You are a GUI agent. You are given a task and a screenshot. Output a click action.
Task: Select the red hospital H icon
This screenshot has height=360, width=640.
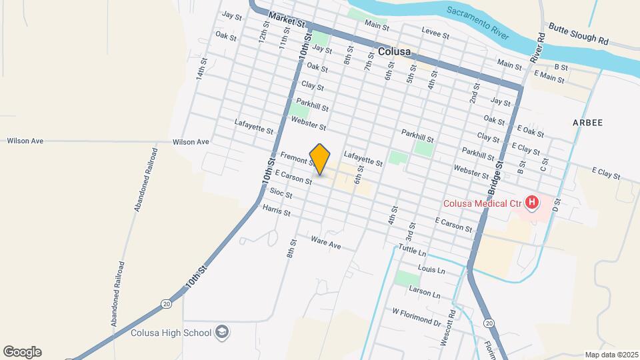(x=532, y=201)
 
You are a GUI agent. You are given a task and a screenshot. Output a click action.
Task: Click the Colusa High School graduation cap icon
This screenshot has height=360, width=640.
(x=222, y=333)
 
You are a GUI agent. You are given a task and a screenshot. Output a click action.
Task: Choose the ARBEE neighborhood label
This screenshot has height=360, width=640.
(x=587, y=123)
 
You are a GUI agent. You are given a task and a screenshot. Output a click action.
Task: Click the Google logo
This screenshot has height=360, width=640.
(x=22, y=351)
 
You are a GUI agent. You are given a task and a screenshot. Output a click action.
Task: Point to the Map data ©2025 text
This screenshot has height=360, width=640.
(x=609, y=355)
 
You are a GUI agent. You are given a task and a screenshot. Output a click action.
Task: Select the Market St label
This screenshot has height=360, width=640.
(x=286, y=19)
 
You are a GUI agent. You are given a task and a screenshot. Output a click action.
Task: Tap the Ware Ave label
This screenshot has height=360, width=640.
(x=326, y=243)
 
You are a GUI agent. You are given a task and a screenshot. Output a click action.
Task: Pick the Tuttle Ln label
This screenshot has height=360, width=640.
(x=412, y=250)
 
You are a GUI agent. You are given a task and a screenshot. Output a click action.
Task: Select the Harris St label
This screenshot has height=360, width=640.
(x=276, y=211)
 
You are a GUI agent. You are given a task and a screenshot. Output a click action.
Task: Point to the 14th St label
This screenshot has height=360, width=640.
(x=200, y=69)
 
